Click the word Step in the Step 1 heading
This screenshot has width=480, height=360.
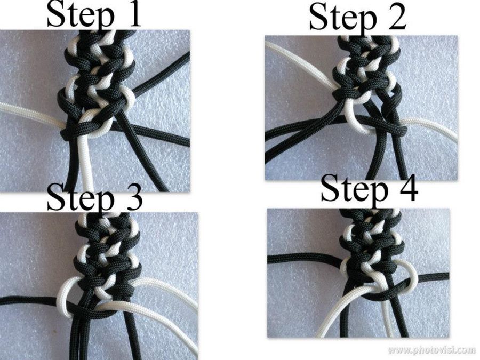tap(80, 15)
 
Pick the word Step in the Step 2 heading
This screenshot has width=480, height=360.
tap(342, 18)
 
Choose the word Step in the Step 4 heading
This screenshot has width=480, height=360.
tap(354, 190)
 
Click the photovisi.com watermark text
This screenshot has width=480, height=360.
tap(432, 349)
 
